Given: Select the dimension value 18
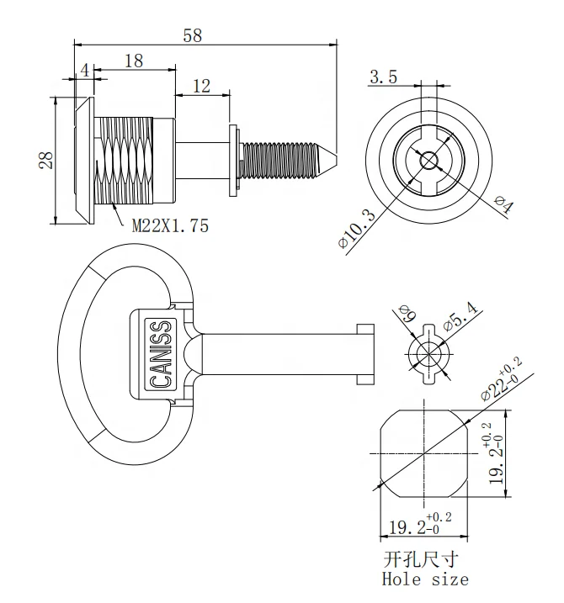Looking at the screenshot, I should point(133,61).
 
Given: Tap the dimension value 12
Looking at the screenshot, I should point(201,85).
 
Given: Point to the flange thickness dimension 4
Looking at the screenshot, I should point(84,71).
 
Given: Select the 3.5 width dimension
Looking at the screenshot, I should point(383,77).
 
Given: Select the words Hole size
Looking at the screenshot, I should point(425,579).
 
